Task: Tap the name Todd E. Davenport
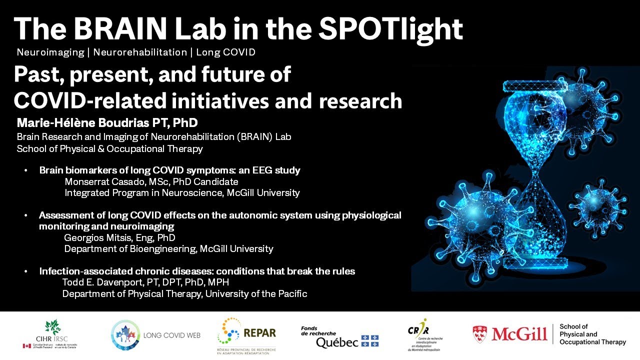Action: point(98,282)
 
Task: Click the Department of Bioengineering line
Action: point(168,248)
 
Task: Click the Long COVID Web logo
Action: point(155,335)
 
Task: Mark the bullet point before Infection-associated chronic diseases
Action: point(26,271)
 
